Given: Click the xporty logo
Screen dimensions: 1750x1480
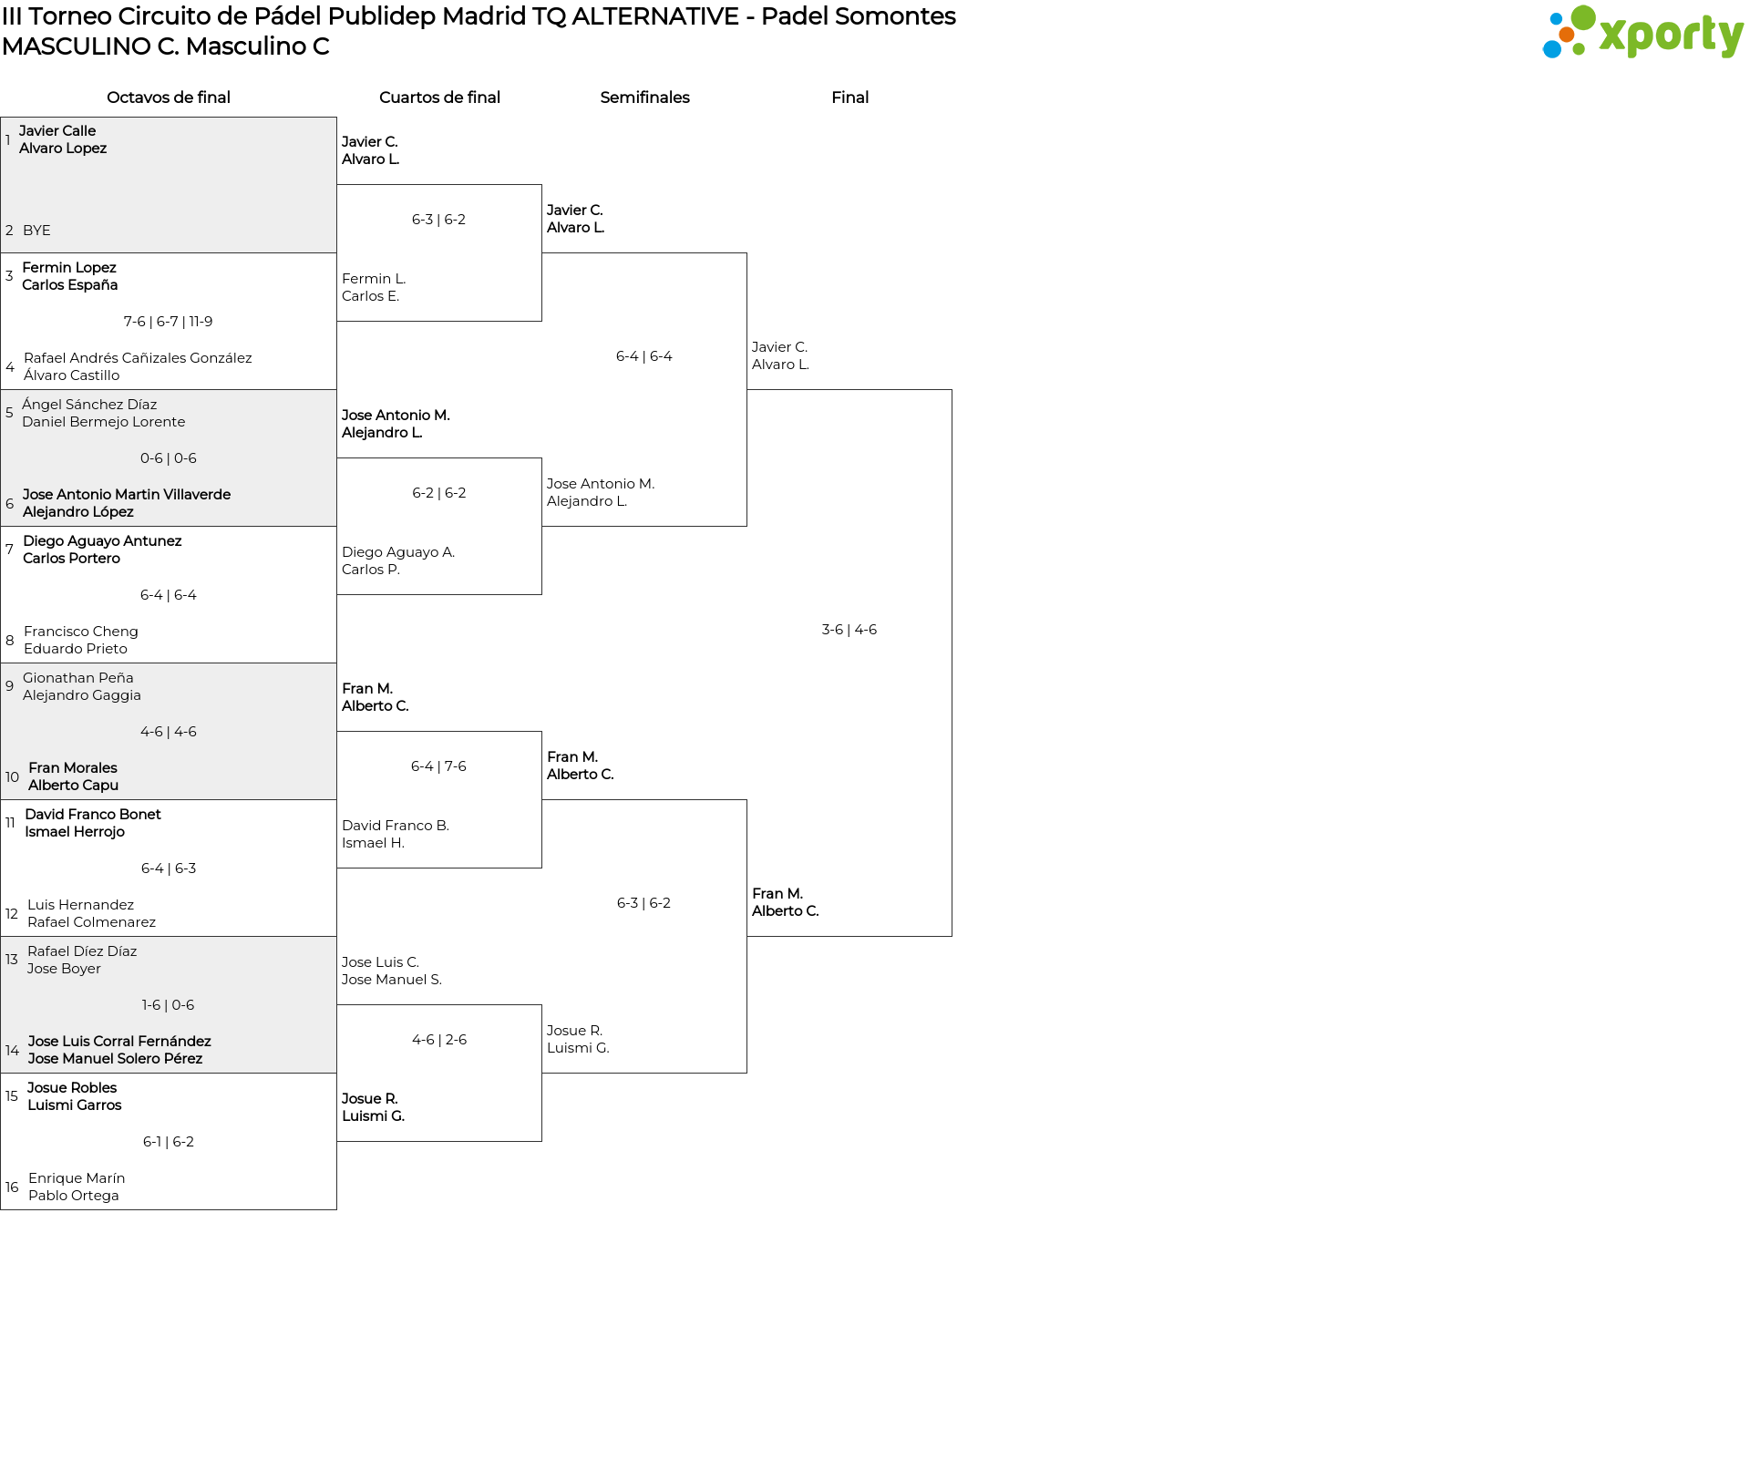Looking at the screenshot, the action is coord(1642,32).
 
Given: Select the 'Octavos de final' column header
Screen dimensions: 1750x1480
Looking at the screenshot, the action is coord(169,98).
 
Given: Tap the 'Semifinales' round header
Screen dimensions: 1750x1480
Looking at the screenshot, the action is coord(644,98).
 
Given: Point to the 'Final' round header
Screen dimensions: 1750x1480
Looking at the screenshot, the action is coord(849,98).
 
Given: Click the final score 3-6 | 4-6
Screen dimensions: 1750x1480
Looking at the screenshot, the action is coord(849,630).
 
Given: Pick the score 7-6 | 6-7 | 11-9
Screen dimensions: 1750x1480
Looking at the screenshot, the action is coord(169,322).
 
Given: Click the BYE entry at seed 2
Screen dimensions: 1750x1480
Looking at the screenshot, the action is coord(36,231).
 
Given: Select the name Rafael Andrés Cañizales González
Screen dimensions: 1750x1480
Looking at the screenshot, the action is coord(138,358).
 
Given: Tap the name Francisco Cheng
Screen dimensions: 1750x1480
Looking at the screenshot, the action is coord(81,632).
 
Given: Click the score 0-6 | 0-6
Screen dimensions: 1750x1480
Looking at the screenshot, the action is coord(169,458).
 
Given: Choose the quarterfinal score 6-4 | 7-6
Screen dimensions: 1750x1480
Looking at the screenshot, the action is coord(438,766).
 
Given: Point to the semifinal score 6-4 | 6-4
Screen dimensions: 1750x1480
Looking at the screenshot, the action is coord(644,356).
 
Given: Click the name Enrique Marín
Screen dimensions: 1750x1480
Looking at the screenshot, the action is coord(77,1178).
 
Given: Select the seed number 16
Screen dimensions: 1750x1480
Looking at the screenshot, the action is coord(12,1187).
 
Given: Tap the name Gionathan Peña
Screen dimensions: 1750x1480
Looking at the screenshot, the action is coord(78,678).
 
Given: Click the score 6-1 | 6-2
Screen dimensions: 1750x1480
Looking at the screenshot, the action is coord(169,1142).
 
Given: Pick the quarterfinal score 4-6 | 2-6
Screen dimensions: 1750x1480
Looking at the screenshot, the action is coord(439,1040).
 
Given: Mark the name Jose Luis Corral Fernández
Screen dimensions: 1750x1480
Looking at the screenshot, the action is coord(119,1042).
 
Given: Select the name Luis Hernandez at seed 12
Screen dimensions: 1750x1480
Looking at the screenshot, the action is coord(80,905).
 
